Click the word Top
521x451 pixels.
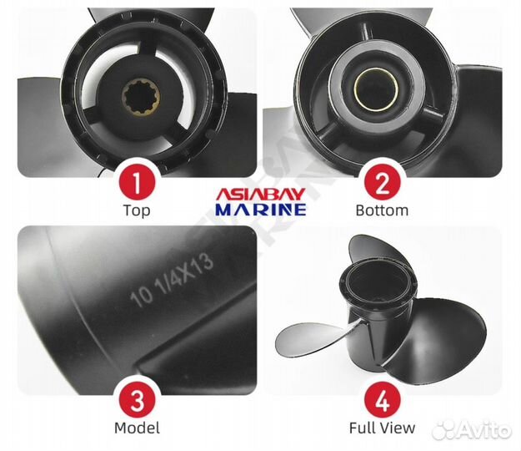(x=137, y=210)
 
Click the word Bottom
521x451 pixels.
(x=382, y=210)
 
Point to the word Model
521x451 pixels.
(x=137, y=428)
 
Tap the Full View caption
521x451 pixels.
(x=382, y=428)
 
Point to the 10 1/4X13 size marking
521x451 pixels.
(x=171, y=285)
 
